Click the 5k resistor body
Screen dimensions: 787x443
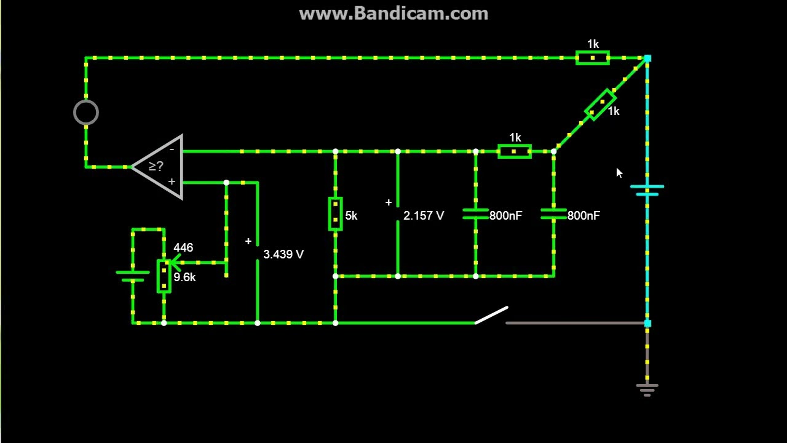336,214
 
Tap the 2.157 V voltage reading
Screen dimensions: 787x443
424,215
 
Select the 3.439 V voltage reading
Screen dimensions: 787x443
283,254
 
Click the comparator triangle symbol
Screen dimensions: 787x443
157,167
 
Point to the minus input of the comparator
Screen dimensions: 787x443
172,150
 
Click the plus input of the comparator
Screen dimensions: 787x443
172,182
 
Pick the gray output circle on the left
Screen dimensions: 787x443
86,113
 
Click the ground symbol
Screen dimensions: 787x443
647,390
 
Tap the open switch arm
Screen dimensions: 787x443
491,315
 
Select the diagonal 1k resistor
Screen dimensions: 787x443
600,105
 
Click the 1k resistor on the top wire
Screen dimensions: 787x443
593,58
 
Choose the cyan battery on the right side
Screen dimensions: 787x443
647,190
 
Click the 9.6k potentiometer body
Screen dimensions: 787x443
164,276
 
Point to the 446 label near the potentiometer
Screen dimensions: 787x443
183,247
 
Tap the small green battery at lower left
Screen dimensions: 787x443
132,276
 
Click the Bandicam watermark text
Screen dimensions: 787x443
393,14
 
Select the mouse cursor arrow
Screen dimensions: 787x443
619,173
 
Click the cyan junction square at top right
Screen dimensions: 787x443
647,58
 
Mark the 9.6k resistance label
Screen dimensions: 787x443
184,277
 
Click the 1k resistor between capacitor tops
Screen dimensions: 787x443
515,151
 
